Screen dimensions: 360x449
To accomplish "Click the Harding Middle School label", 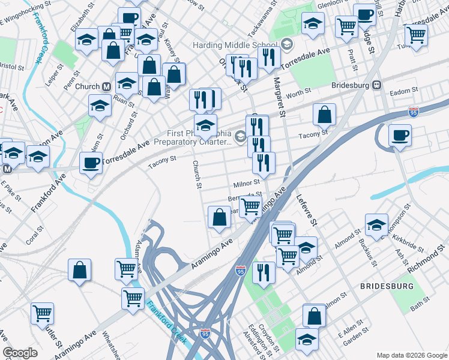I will pyautogui.click(x=234, y=46).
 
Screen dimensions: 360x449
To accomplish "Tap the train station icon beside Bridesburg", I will pyautogui.click(x=378, y=85).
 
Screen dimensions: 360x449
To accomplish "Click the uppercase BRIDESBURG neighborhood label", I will pyautogui.click(x=387, y=287).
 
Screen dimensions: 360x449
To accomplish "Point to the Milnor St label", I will pyautogui.click(x=247, y=182).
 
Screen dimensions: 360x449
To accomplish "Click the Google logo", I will pyautogui.click(x=20, y=353).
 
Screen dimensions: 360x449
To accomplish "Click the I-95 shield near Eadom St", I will pyautogui.click(x=413, y=112).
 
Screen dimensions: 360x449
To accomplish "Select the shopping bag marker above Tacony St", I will pyautogui.click(x=324, y=114).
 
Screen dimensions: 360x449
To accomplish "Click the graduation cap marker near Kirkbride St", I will pyautogui.click(x=376, y=224).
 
